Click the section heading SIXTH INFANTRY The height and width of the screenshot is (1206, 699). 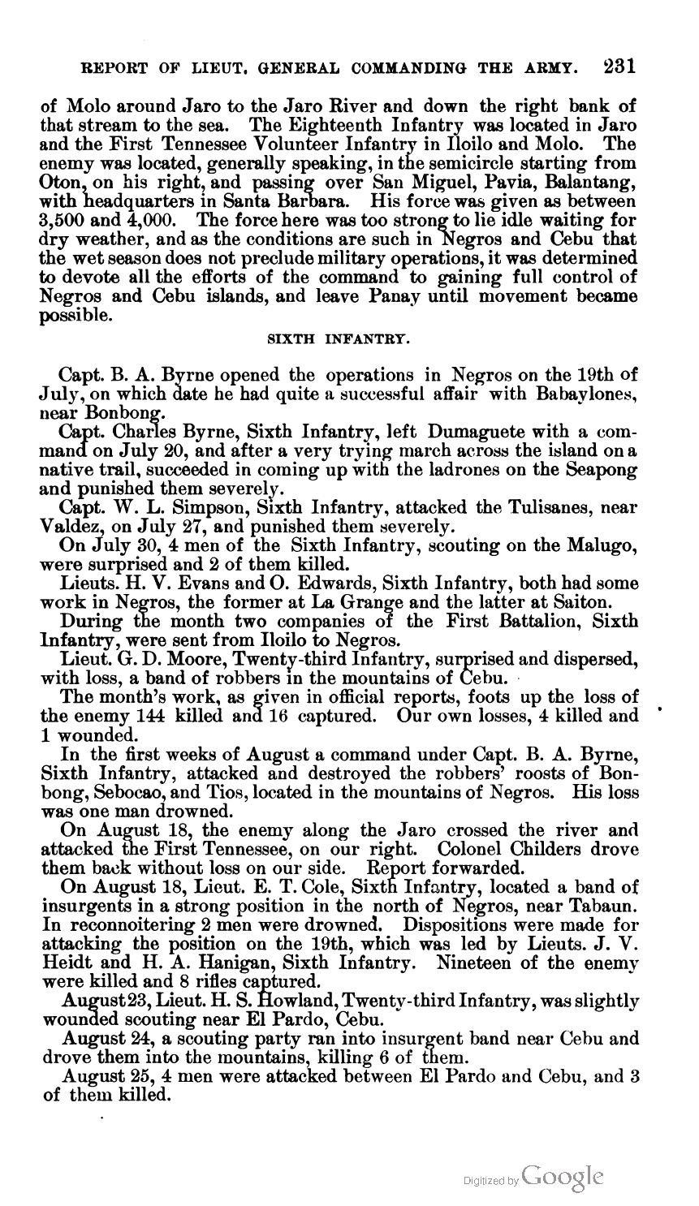[339, 341]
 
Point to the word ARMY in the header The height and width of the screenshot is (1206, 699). [554, 67]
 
